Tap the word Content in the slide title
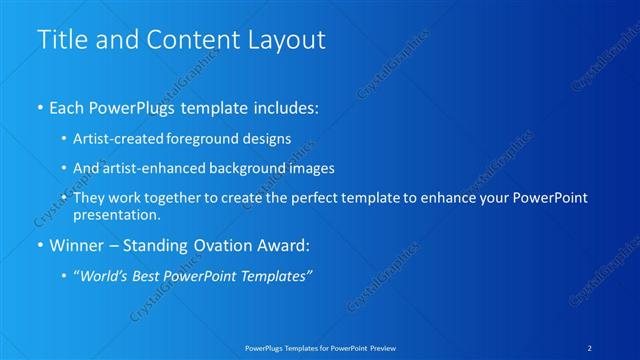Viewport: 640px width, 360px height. pos(188,40)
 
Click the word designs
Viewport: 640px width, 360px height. pos(269,138)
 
